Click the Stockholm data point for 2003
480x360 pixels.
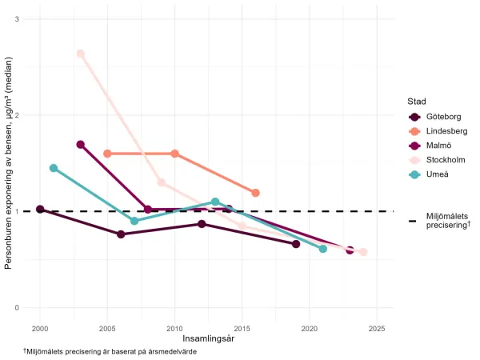point(80,54)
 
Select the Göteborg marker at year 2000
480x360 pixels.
point(40,210)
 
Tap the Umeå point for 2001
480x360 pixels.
point(54,168)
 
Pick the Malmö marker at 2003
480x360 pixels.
point(80,145)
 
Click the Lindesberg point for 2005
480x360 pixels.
point(107,154)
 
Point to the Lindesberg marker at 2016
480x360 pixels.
point(255,193)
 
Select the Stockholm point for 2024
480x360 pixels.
point(363,252)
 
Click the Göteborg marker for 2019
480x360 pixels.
point(296,244)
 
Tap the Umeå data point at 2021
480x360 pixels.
point(323,249)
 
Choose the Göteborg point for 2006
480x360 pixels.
point(121,234)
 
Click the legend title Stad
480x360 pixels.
point(415,102)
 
